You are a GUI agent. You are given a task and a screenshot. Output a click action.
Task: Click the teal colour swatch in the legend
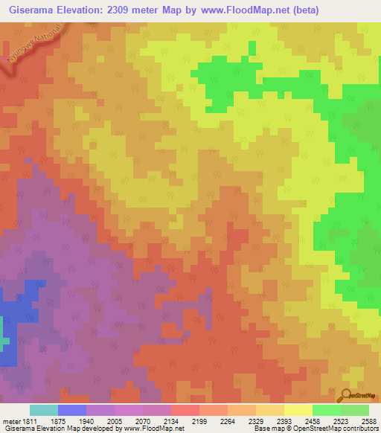pos(44,410)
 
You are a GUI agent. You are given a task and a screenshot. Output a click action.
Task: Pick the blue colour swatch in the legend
pos(72,410)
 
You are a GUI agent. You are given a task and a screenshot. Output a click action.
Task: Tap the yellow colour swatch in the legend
pos(298,410)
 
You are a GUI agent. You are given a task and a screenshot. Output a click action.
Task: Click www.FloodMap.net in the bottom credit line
pos(159,429)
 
